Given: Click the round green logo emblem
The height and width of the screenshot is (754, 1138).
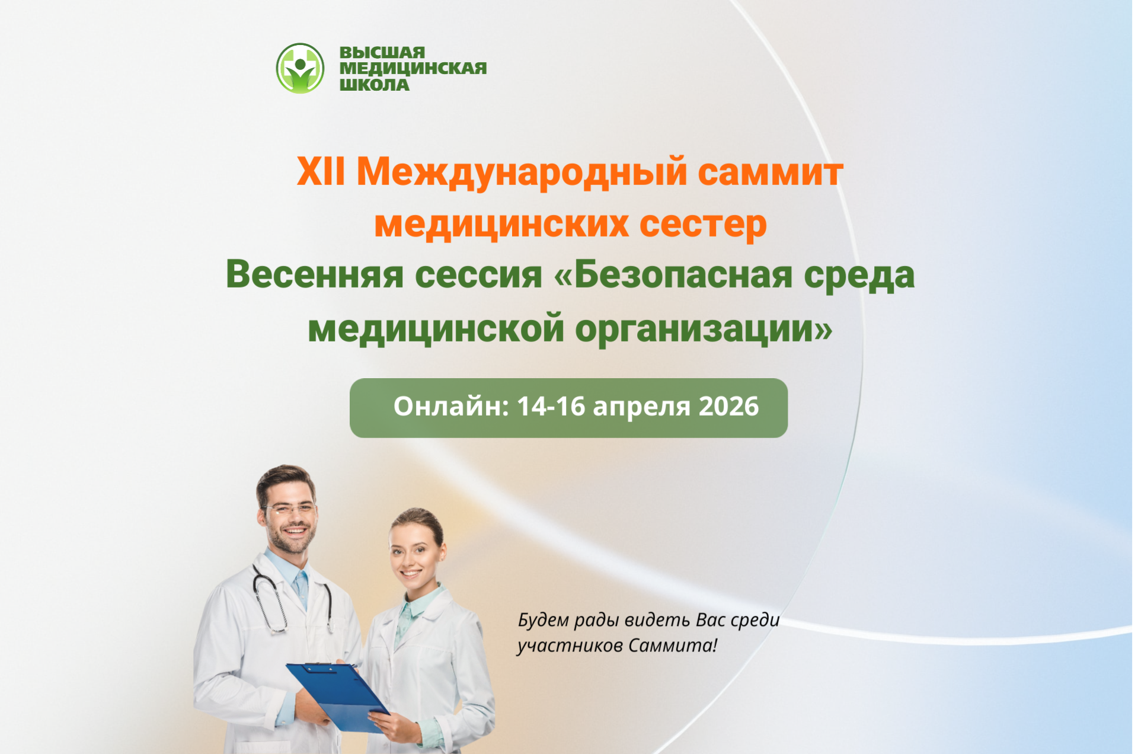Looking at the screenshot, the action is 300,68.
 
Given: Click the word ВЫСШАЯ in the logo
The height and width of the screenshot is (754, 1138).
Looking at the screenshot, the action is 382,53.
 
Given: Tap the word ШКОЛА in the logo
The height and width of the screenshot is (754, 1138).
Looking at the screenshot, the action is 374,85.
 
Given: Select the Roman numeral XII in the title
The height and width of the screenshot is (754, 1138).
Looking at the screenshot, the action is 321,172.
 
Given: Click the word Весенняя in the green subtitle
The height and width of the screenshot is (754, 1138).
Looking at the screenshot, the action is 314,275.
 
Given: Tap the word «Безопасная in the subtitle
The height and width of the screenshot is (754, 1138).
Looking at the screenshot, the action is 673,275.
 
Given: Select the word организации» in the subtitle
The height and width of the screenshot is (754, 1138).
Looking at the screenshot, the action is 704,329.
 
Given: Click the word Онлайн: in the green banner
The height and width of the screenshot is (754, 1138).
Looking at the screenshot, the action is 451,407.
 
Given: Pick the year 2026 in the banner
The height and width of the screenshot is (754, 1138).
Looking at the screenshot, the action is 728,407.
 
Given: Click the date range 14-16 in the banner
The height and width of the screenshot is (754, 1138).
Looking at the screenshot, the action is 551,407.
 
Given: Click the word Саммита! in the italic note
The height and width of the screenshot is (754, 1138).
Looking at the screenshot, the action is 673,645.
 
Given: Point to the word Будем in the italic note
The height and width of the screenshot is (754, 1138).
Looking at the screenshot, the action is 544,620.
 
